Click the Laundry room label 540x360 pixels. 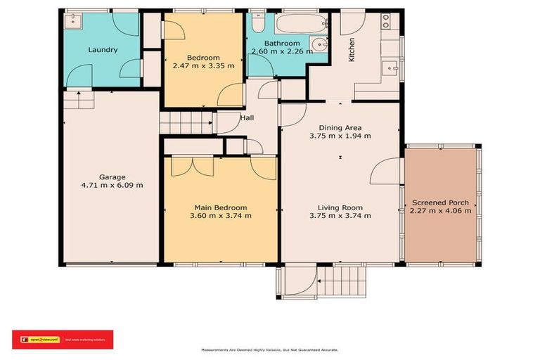[x=103, y=50]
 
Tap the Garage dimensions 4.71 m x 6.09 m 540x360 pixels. [x=112, y=186]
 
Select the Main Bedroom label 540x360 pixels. [x=221, y=207]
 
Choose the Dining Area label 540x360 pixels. [x=340, y=127]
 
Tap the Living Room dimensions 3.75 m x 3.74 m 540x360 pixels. [x=340, y=216]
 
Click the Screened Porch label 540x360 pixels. [x=440, y=202]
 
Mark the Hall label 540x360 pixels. [x=247, y=118]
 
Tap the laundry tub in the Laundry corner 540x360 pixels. [x=71, y=21]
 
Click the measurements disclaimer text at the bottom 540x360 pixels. [x=270, y=349]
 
